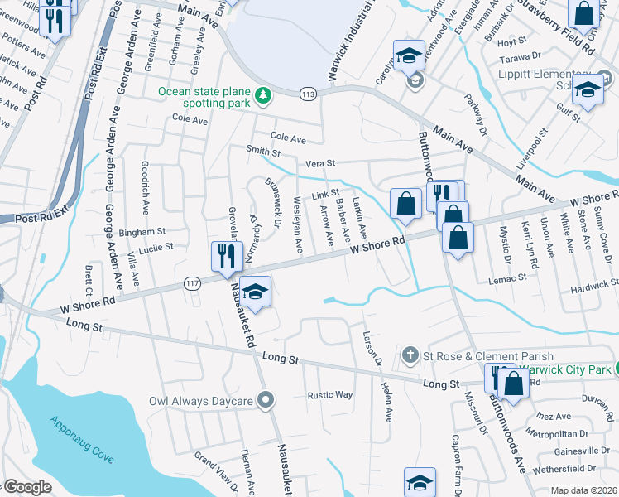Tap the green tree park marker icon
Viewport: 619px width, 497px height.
[264, 97]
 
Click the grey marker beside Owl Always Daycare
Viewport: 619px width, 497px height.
[266, 402]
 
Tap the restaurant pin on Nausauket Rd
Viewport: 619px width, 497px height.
[224, 256]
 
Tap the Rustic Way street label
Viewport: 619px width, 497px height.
[330, 395]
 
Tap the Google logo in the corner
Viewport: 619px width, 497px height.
[26, 488]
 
